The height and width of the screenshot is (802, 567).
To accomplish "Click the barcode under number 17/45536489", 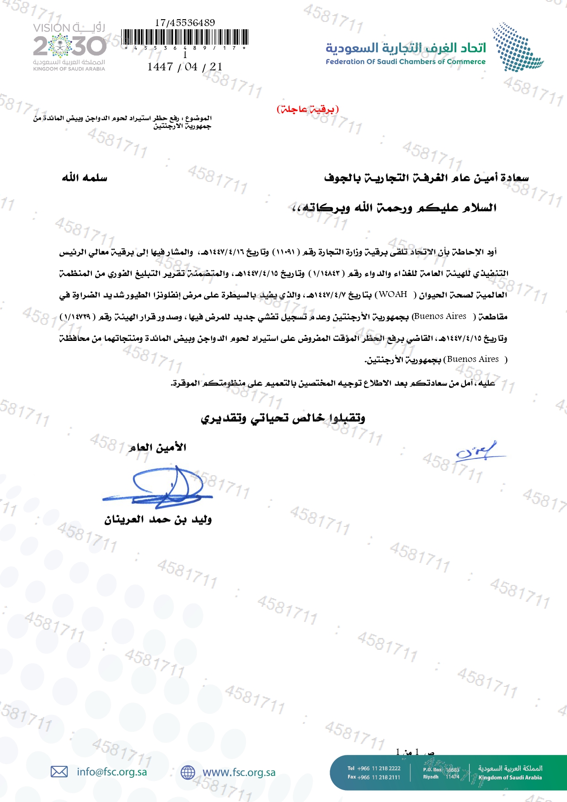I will click(x=185, y=37).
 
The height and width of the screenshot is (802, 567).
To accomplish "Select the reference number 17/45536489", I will click(x=185, y=22).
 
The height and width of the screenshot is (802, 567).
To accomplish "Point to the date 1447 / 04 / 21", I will click(x=185, y=67).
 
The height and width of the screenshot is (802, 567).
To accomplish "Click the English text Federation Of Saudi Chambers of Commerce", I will click(x=406, y=62).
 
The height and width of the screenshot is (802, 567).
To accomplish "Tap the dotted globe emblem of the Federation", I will click(x=518, y=47).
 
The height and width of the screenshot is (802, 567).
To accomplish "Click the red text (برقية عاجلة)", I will click(x=307, y=109).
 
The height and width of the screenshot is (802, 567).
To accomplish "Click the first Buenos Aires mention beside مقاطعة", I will click(x=439, y=316).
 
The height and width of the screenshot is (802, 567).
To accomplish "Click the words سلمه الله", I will click(x=85, y=178).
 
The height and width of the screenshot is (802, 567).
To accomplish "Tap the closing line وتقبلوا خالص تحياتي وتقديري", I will click(x=283, y=418).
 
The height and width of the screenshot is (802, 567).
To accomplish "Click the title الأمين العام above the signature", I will click(x=157, y=447).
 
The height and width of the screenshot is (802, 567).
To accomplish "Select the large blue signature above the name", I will click(x=158, y=487).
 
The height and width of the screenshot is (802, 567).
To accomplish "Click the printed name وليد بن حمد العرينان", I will click(x=158, y=520).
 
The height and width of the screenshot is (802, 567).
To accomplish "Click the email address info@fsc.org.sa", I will click(x=112, y=772).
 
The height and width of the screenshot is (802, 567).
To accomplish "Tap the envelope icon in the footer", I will click(x=59, y=772).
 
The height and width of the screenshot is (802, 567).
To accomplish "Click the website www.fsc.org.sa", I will click(x=239, y=772).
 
